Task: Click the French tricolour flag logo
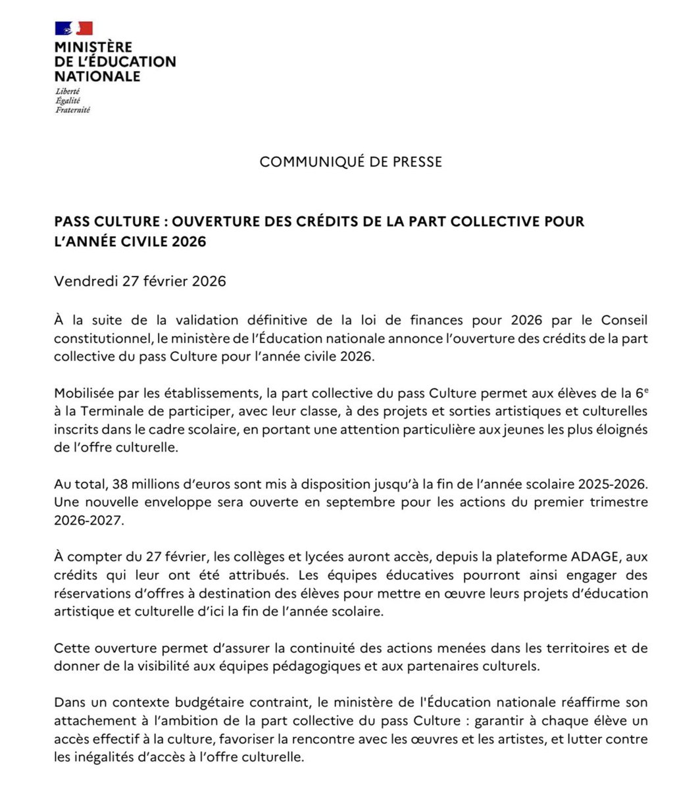[x=73, y=28]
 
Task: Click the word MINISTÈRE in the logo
[x=93, y=47]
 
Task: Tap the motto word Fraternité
[x=72, y=110]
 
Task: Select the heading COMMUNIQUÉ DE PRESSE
[x=350, y=162]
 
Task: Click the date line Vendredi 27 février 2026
[x=140, y=282]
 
